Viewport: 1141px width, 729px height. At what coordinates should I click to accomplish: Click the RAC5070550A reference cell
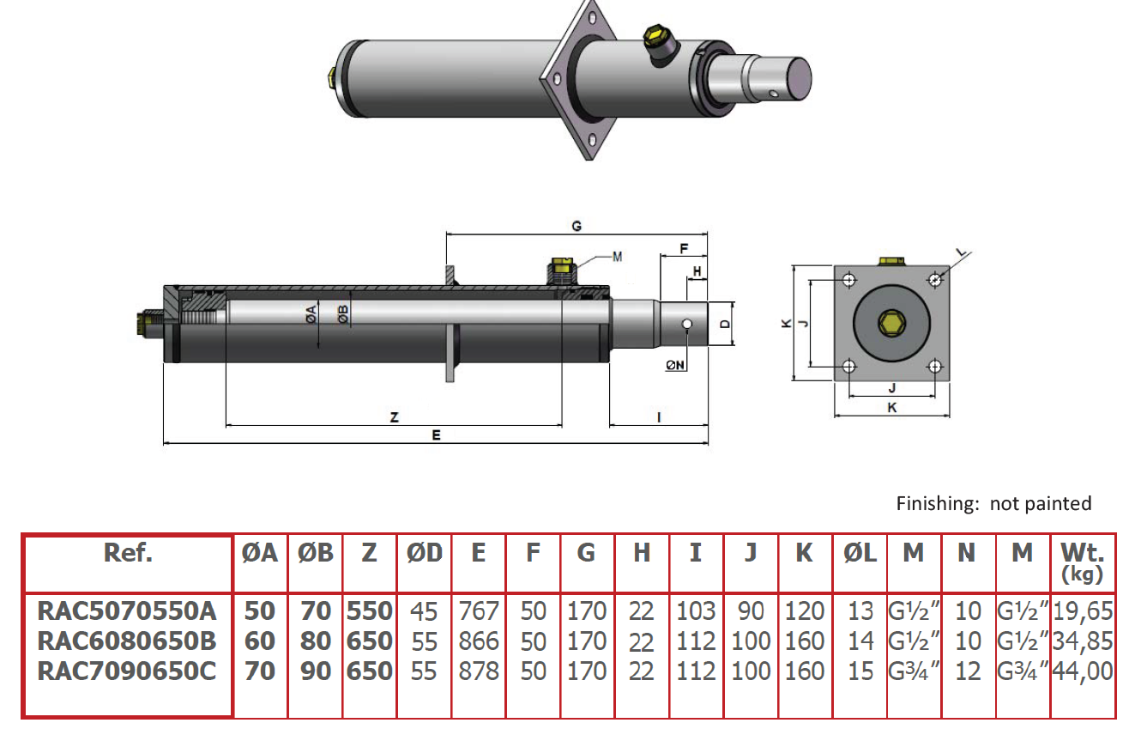[x=127, y=611]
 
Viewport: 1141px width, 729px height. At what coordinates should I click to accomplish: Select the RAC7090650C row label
[x=127, y=671]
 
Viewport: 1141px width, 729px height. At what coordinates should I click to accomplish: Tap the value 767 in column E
[x=478, y=611]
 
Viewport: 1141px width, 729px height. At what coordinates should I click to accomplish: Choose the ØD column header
[x=424, y=553]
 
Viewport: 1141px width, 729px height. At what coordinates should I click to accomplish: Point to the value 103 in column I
[x=695, y=611]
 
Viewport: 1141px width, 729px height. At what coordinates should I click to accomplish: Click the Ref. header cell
[x=127, y=553]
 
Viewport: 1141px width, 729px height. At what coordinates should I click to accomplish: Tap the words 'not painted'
[x=1040, y=503]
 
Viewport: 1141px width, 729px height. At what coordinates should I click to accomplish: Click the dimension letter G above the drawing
[x=577, y=226]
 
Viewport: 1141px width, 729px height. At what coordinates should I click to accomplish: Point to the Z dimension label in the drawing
[x=394, y=417]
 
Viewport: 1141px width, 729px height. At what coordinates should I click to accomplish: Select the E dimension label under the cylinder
[x=436, y=435]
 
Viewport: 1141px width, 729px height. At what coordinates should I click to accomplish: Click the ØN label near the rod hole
[x=675, y=365]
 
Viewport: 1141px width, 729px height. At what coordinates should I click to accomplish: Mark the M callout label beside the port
[x=618, y=256]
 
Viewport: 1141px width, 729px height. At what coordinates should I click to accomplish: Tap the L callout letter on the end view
[x=961, y=253]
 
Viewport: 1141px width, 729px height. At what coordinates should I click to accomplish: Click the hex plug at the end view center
[x=891, y=324]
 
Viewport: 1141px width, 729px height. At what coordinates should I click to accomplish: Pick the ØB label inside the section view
[x=343, y=314]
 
